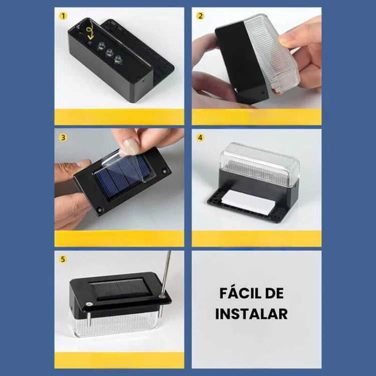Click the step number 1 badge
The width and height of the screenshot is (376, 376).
[63, 16]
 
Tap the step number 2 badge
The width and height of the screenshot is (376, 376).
[200, 16]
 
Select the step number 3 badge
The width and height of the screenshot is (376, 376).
[63, 138]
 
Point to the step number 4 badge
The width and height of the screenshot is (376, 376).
[200, 138]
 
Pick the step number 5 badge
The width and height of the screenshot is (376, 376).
[63, 259]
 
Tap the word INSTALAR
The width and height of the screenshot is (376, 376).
[251, 314]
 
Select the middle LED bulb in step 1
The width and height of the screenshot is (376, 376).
[109, 53]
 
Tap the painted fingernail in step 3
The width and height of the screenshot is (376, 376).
[131, 144]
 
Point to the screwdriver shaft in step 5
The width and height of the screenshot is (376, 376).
[166, 273]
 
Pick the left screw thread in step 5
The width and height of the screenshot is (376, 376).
[89, 318]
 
